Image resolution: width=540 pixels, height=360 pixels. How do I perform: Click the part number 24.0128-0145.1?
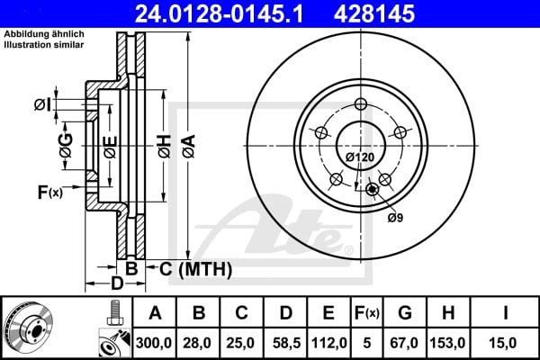236,13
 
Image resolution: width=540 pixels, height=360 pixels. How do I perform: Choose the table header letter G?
405,313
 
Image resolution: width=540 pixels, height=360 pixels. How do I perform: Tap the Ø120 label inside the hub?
359,157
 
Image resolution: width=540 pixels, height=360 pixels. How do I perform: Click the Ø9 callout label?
394,217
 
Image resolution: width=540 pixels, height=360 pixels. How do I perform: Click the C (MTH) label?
195,268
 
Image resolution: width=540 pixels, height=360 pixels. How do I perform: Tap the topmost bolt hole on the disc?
361,103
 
